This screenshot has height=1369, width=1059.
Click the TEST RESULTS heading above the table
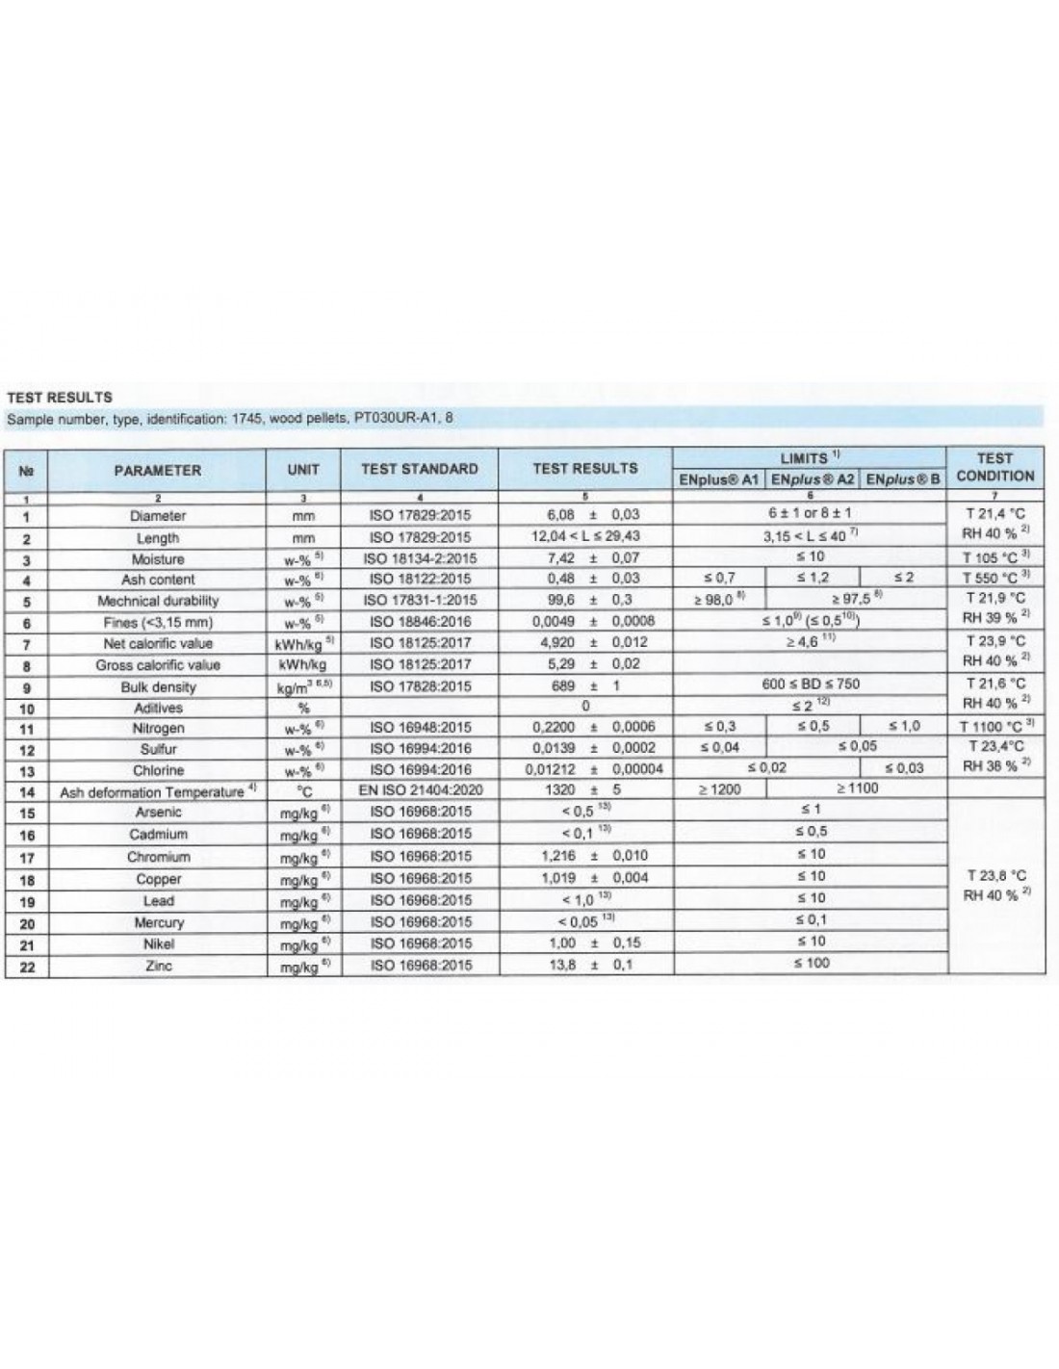(60, 397)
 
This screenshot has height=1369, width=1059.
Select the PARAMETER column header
(158, 471)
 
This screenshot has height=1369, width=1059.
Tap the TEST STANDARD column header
(420, 469)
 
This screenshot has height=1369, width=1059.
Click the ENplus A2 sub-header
(813, 479)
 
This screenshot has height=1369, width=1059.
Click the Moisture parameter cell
(158, 559)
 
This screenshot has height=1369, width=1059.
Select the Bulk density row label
(158, 687)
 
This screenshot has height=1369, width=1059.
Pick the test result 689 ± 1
(585, 686)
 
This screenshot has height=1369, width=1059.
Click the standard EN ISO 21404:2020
(420, 790)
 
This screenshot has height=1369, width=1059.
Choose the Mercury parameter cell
(158, 922)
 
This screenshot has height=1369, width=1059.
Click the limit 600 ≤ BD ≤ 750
(811, 684)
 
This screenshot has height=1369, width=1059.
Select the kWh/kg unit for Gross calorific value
(303, 665)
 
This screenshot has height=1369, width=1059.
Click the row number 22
(27, 968)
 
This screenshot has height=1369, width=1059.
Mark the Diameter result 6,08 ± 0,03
(585, 515)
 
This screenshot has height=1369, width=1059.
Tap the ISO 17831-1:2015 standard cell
(420, 600)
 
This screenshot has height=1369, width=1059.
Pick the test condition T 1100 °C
(995, 727)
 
